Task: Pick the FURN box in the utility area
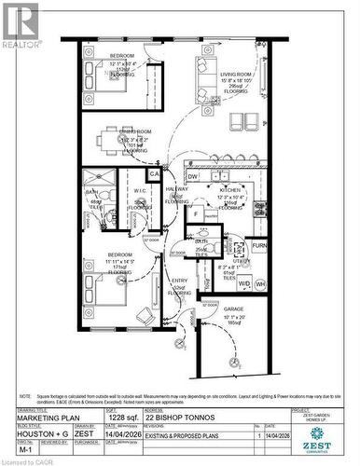point(259,247)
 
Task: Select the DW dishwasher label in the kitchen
point(192,176)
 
